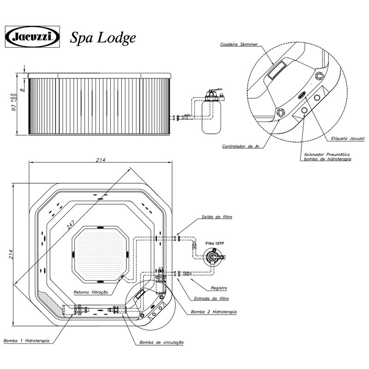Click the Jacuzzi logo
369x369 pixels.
pyautogui.click(x=32, y=36)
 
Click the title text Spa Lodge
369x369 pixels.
pyautogui.click(x=103, y=38)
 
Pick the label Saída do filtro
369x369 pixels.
pyautogui.click(x=217, y=216)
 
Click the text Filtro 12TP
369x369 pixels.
pyautogui.click(x=215, y=243)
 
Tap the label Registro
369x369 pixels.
pyautogui.click(x=219, y=288)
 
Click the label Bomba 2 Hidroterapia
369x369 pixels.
pyautogui.click(x=214, y=312)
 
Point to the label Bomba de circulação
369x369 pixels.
pyautogui.click(x=161, y=342)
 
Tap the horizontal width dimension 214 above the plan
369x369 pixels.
pyautogui.click(x=101, y=160)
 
